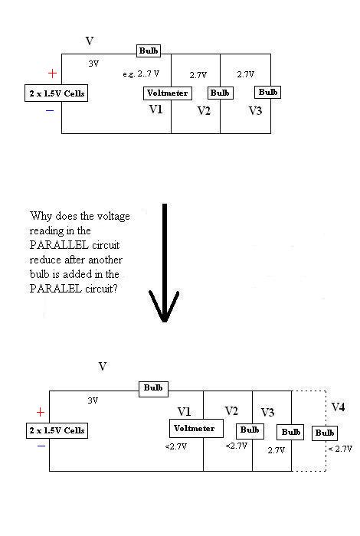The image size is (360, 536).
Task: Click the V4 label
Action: (x=338, y=407)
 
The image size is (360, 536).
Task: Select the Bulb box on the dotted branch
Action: (x=324, y=433)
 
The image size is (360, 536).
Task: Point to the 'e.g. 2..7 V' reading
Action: (x=141, y=74)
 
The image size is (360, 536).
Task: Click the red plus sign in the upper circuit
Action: (x=52, y=74)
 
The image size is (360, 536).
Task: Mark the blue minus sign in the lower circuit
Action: (x=41, y=442)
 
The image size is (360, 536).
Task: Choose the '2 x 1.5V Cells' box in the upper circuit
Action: (x=55, y=93)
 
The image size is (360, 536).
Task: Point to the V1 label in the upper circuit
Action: (x=155, y=109)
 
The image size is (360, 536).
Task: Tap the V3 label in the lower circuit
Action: (x=267, y=413)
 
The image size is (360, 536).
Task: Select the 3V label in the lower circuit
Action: (x=93, y=400)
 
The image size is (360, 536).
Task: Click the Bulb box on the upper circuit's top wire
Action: (x=149, y=51)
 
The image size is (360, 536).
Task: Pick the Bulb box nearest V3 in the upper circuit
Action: (x=268, y=93)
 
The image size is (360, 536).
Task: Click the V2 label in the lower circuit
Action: (x=231, y=411)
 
